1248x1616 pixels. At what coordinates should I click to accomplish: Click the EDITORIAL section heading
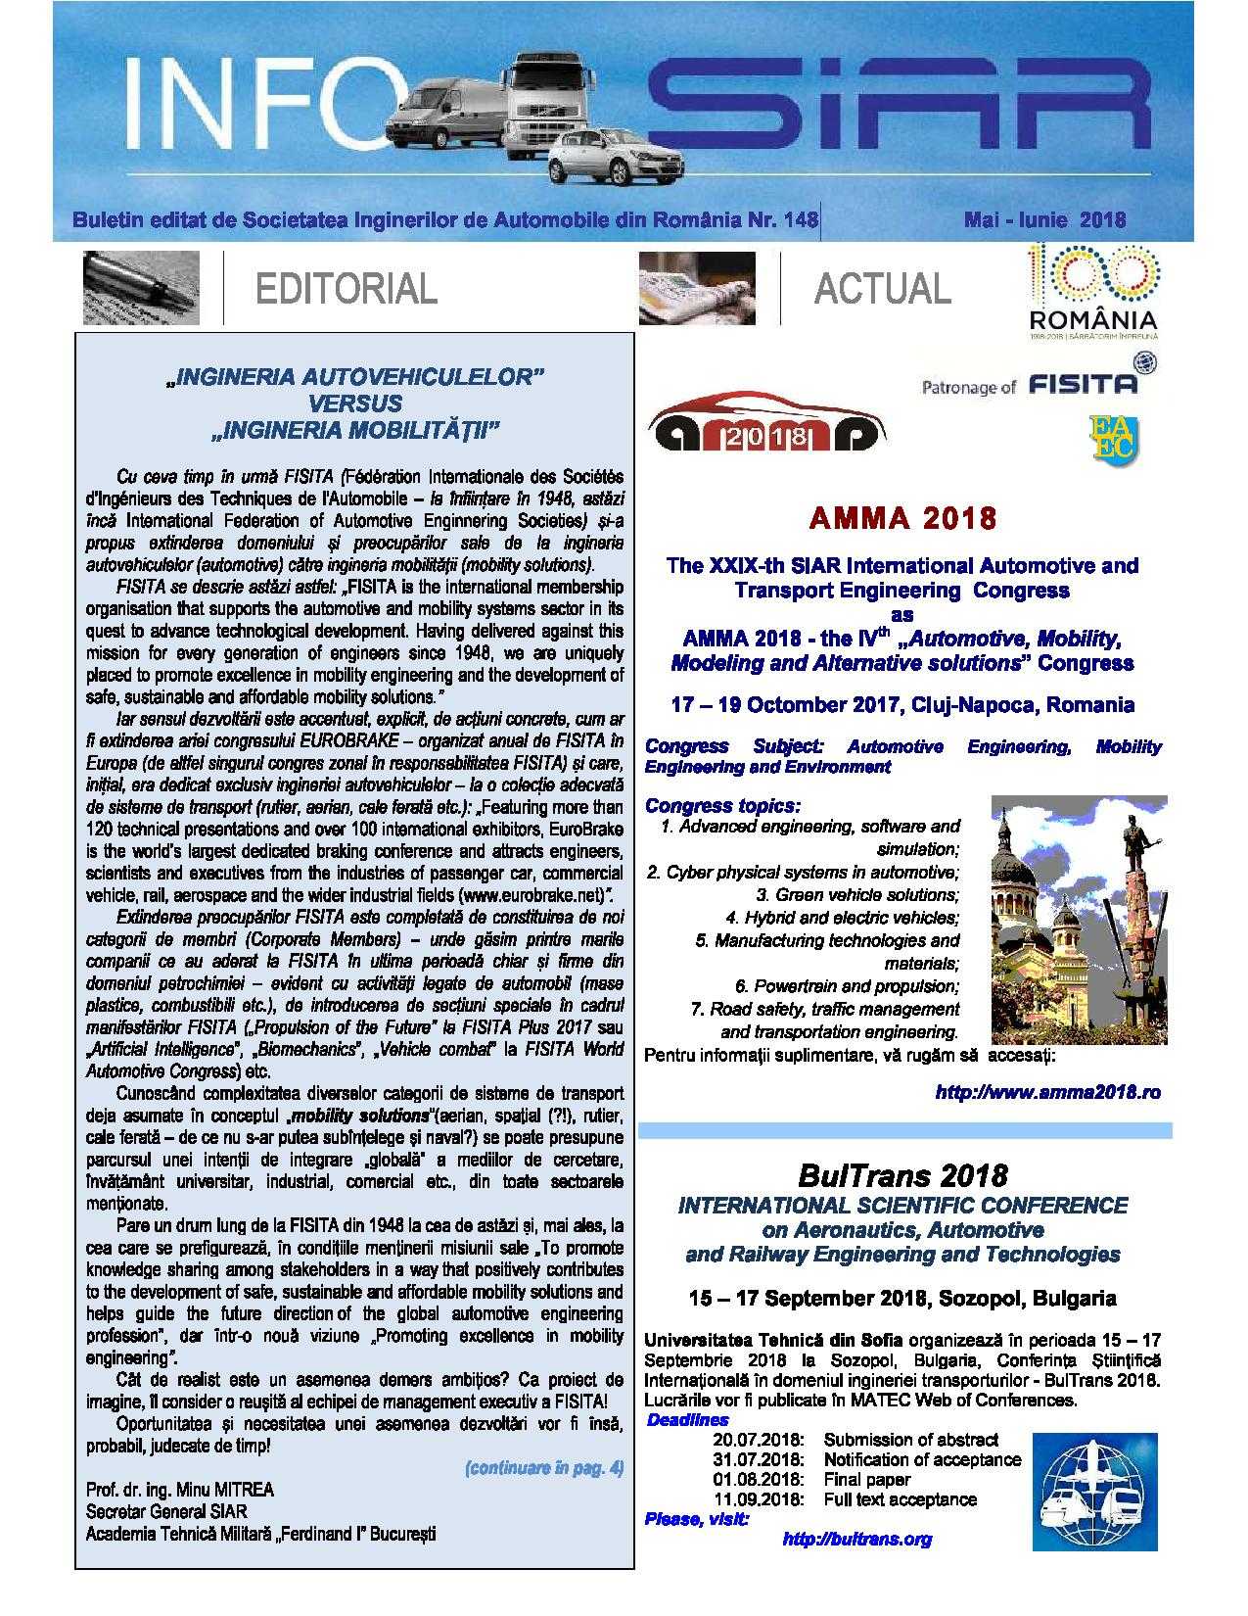click(x=346, y=289)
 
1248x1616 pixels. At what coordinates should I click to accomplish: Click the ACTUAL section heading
click(x=882, y=288)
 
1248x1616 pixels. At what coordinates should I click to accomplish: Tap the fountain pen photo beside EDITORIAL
click(x=141, y=287)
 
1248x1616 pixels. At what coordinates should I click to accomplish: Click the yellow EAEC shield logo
click(x=1112, y=436)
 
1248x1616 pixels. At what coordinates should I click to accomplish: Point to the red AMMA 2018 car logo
click(x=766, y=429)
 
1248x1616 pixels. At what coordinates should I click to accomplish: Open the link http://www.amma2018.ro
click(x=1047, y=1091)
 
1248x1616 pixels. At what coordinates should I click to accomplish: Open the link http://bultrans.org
click(x=856, y=1539)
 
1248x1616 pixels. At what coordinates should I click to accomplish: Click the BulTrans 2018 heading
click(x=901, y=1174)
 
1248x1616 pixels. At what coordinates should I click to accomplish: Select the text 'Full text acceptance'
click(x=900, y=1499)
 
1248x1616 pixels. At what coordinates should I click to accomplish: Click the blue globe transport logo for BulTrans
click(x=1097, y=1488)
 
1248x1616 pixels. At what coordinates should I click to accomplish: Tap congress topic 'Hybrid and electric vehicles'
click(x=843, y=918)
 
